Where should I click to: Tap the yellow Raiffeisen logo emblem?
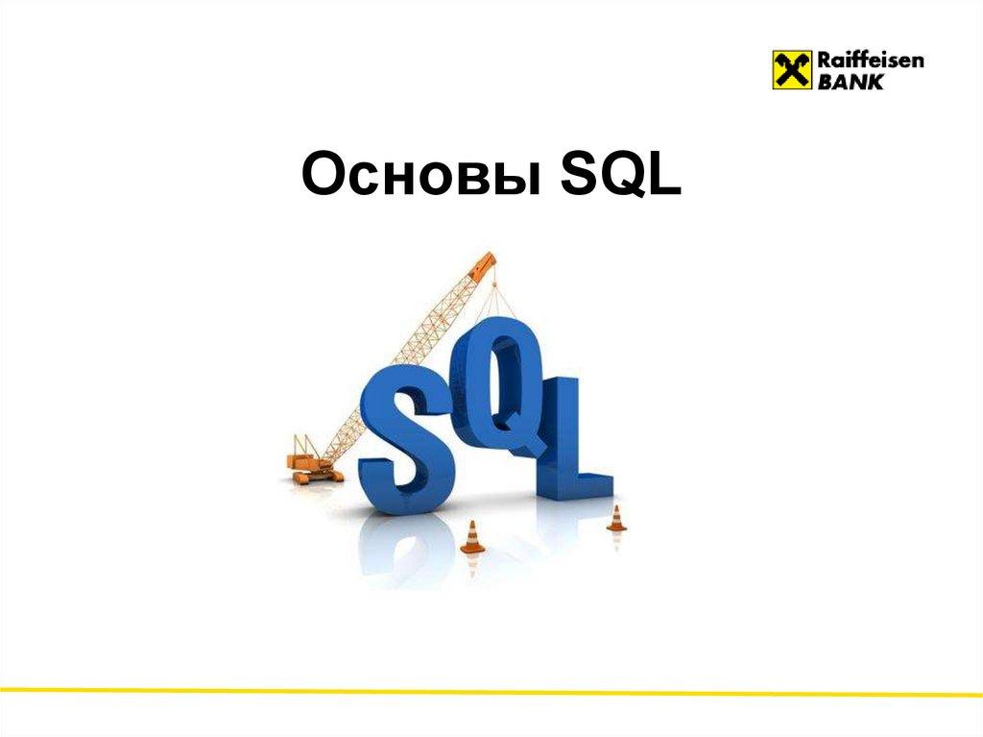click(790, 69)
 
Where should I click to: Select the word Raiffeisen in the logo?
click(870, 61)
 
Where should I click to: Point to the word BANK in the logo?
click(851, 82)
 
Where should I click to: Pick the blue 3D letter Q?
click(504, 384)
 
